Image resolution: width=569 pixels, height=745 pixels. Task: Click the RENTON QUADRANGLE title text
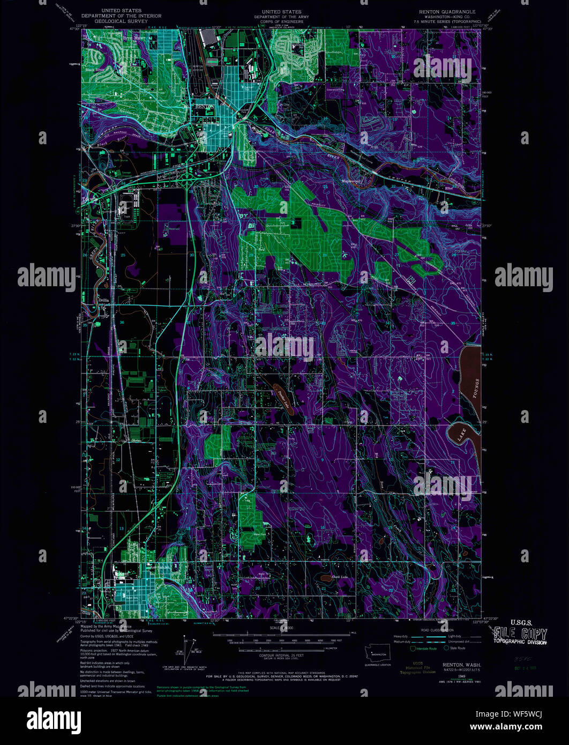coord(448,11)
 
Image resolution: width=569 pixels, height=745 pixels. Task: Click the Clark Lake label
coord(340,577)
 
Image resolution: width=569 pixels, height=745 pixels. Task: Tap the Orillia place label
coord(103,300)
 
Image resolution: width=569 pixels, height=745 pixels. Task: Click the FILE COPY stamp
coord(520,634)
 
